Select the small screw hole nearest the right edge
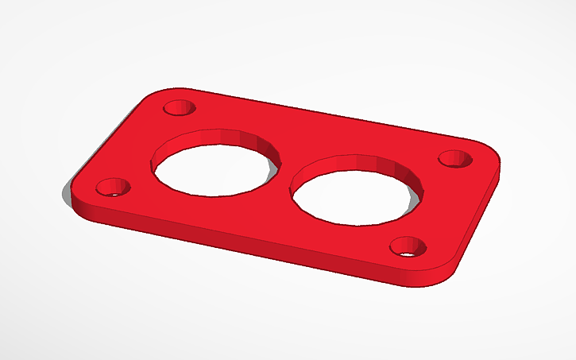click(456, 158)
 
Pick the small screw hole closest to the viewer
click(408, 247)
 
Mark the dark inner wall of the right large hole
click(373, 164)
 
